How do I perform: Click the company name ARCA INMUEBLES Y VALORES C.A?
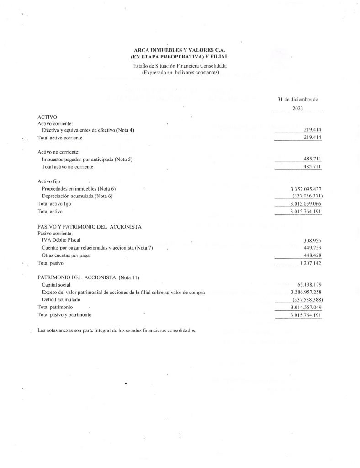tap(180, 50)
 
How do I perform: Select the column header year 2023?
tap(297, 109)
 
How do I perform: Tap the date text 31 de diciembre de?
tap(297, 99)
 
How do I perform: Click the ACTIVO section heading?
tap(47, 117)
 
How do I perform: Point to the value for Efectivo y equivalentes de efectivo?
tap(313, 130)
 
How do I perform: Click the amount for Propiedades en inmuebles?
tap(307, 189)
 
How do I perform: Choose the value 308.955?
tap(313, 240)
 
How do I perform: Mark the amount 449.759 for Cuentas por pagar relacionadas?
tap(313, 248)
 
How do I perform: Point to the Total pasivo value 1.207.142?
tap(311, 263)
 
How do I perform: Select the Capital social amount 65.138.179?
tap(309, 284)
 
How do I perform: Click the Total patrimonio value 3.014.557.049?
tap(307, 308)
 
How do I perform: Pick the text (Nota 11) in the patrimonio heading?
tap(130, 277)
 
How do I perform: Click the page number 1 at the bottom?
tap(180, 436)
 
